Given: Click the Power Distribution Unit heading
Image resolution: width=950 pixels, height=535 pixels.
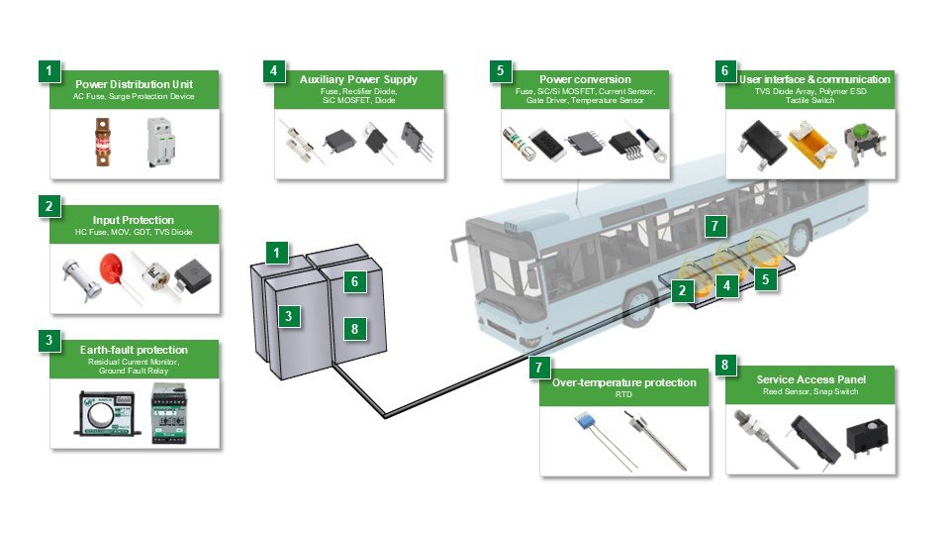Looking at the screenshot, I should (x=135, y=83).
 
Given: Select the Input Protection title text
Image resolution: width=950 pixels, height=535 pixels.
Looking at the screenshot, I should (x=134, y=219).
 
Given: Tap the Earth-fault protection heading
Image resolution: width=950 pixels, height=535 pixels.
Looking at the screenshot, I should (x=134, y=350).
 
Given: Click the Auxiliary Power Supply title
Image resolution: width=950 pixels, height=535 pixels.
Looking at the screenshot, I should (x=358, y=79).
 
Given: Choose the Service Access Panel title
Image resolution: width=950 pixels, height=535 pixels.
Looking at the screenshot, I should (x=810, y=379).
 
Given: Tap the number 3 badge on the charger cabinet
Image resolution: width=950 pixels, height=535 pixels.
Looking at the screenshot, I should (x=288, y=317).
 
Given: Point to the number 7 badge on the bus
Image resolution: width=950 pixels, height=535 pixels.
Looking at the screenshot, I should (x=714, y=226).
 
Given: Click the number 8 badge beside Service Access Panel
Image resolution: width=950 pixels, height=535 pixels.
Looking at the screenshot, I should (x=725, y=365).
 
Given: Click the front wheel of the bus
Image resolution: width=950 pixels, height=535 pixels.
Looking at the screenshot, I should (x=635, y=307).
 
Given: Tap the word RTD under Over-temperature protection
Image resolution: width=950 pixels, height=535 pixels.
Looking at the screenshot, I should (x=624, y=394).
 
